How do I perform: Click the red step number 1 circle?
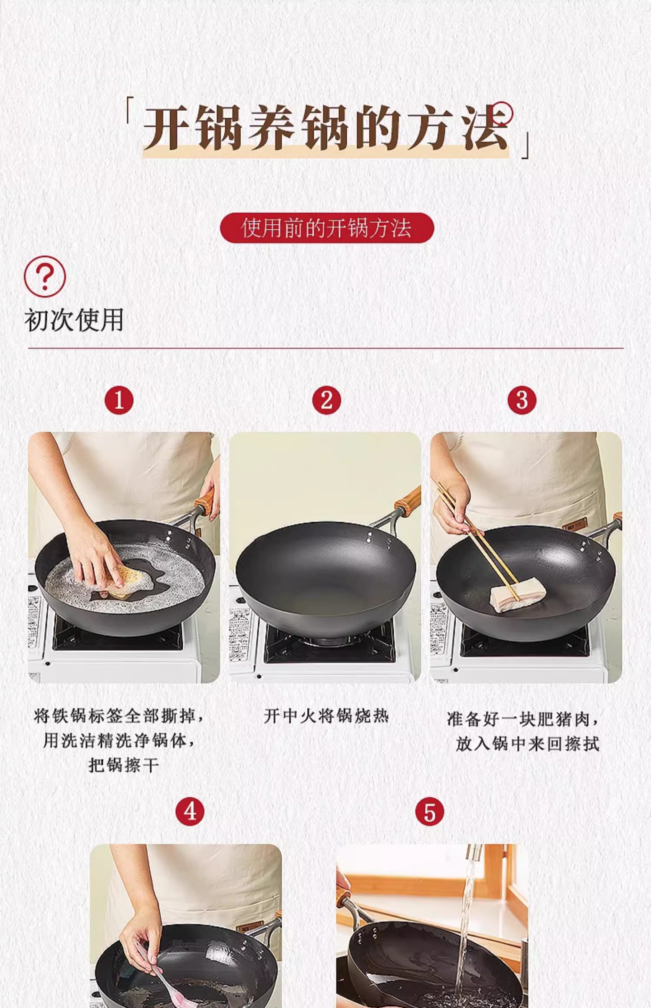click(x=119, y=400)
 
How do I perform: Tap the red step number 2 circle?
click(x=326, y=400)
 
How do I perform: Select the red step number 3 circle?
click(x=522, y=400)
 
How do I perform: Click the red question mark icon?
click(x=45, y=277)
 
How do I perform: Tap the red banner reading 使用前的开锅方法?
click(x=327, y=227)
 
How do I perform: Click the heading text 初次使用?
click(x=74, y=320)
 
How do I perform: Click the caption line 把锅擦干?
click(x=124, y=765)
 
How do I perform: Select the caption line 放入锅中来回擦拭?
click(x=527, y=744)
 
